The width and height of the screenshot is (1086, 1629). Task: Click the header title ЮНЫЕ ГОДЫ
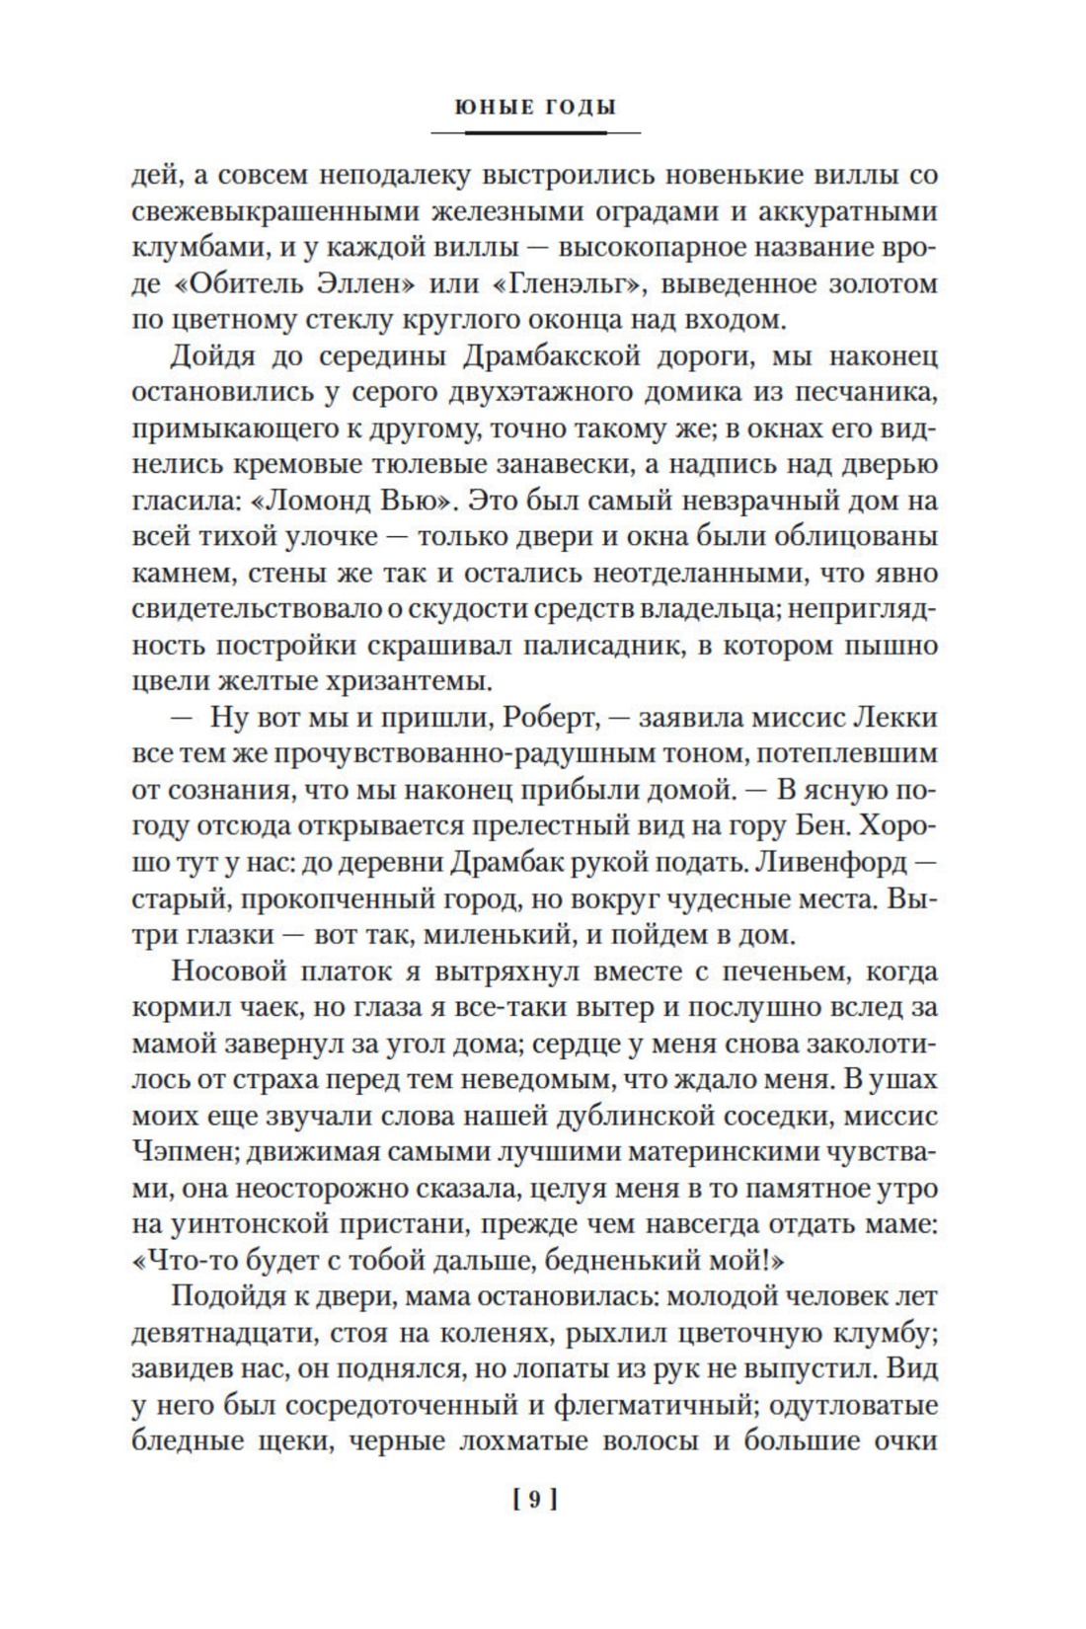535,107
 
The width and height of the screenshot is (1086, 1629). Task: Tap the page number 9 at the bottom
535,1500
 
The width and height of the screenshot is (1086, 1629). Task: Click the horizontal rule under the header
535,132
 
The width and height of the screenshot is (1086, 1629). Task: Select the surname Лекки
892,718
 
